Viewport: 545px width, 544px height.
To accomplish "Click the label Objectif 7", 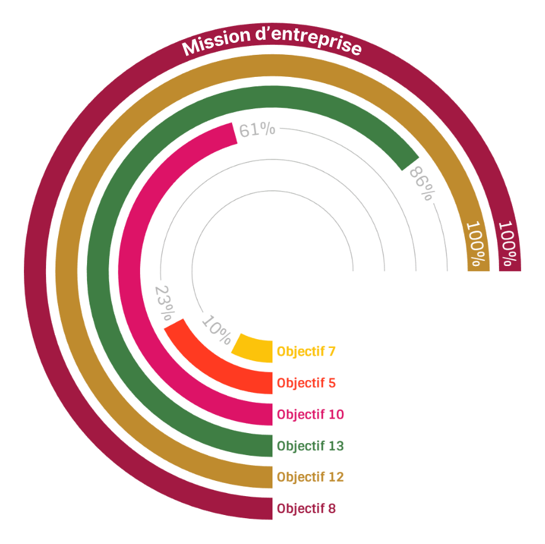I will (x=306, y=352).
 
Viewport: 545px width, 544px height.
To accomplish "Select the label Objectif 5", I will (x=306, y=383).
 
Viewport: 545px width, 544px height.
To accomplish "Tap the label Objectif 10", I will (x=310, y=414).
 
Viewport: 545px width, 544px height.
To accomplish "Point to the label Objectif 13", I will (x=310, y=446).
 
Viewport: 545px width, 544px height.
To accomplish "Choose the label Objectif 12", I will (x=310, y=477).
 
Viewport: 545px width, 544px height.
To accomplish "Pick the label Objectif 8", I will (x=306, y=508).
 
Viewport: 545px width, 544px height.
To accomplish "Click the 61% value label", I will (x=257, y=130).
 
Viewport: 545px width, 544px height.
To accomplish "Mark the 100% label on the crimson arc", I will (x=508, y=243).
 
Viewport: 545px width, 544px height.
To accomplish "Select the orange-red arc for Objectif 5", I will (x=221, y=366).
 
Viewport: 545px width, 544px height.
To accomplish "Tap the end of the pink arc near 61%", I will (x=231, y=134).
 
